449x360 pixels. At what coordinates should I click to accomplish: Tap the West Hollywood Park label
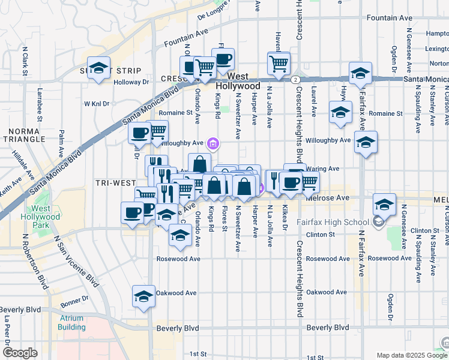point(41,217)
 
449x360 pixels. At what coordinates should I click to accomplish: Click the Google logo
point(20,353)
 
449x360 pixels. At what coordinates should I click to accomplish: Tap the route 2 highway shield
point(295,79)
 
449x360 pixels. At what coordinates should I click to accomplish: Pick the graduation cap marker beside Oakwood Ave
point(143,296)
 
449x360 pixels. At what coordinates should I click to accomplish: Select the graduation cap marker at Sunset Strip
point(98,67)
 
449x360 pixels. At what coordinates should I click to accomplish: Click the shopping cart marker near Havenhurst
point(279,62)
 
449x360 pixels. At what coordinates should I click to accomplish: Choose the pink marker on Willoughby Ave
point(212,143)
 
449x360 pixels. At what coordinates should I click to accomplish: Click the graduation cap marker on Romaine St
point(340,112)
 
